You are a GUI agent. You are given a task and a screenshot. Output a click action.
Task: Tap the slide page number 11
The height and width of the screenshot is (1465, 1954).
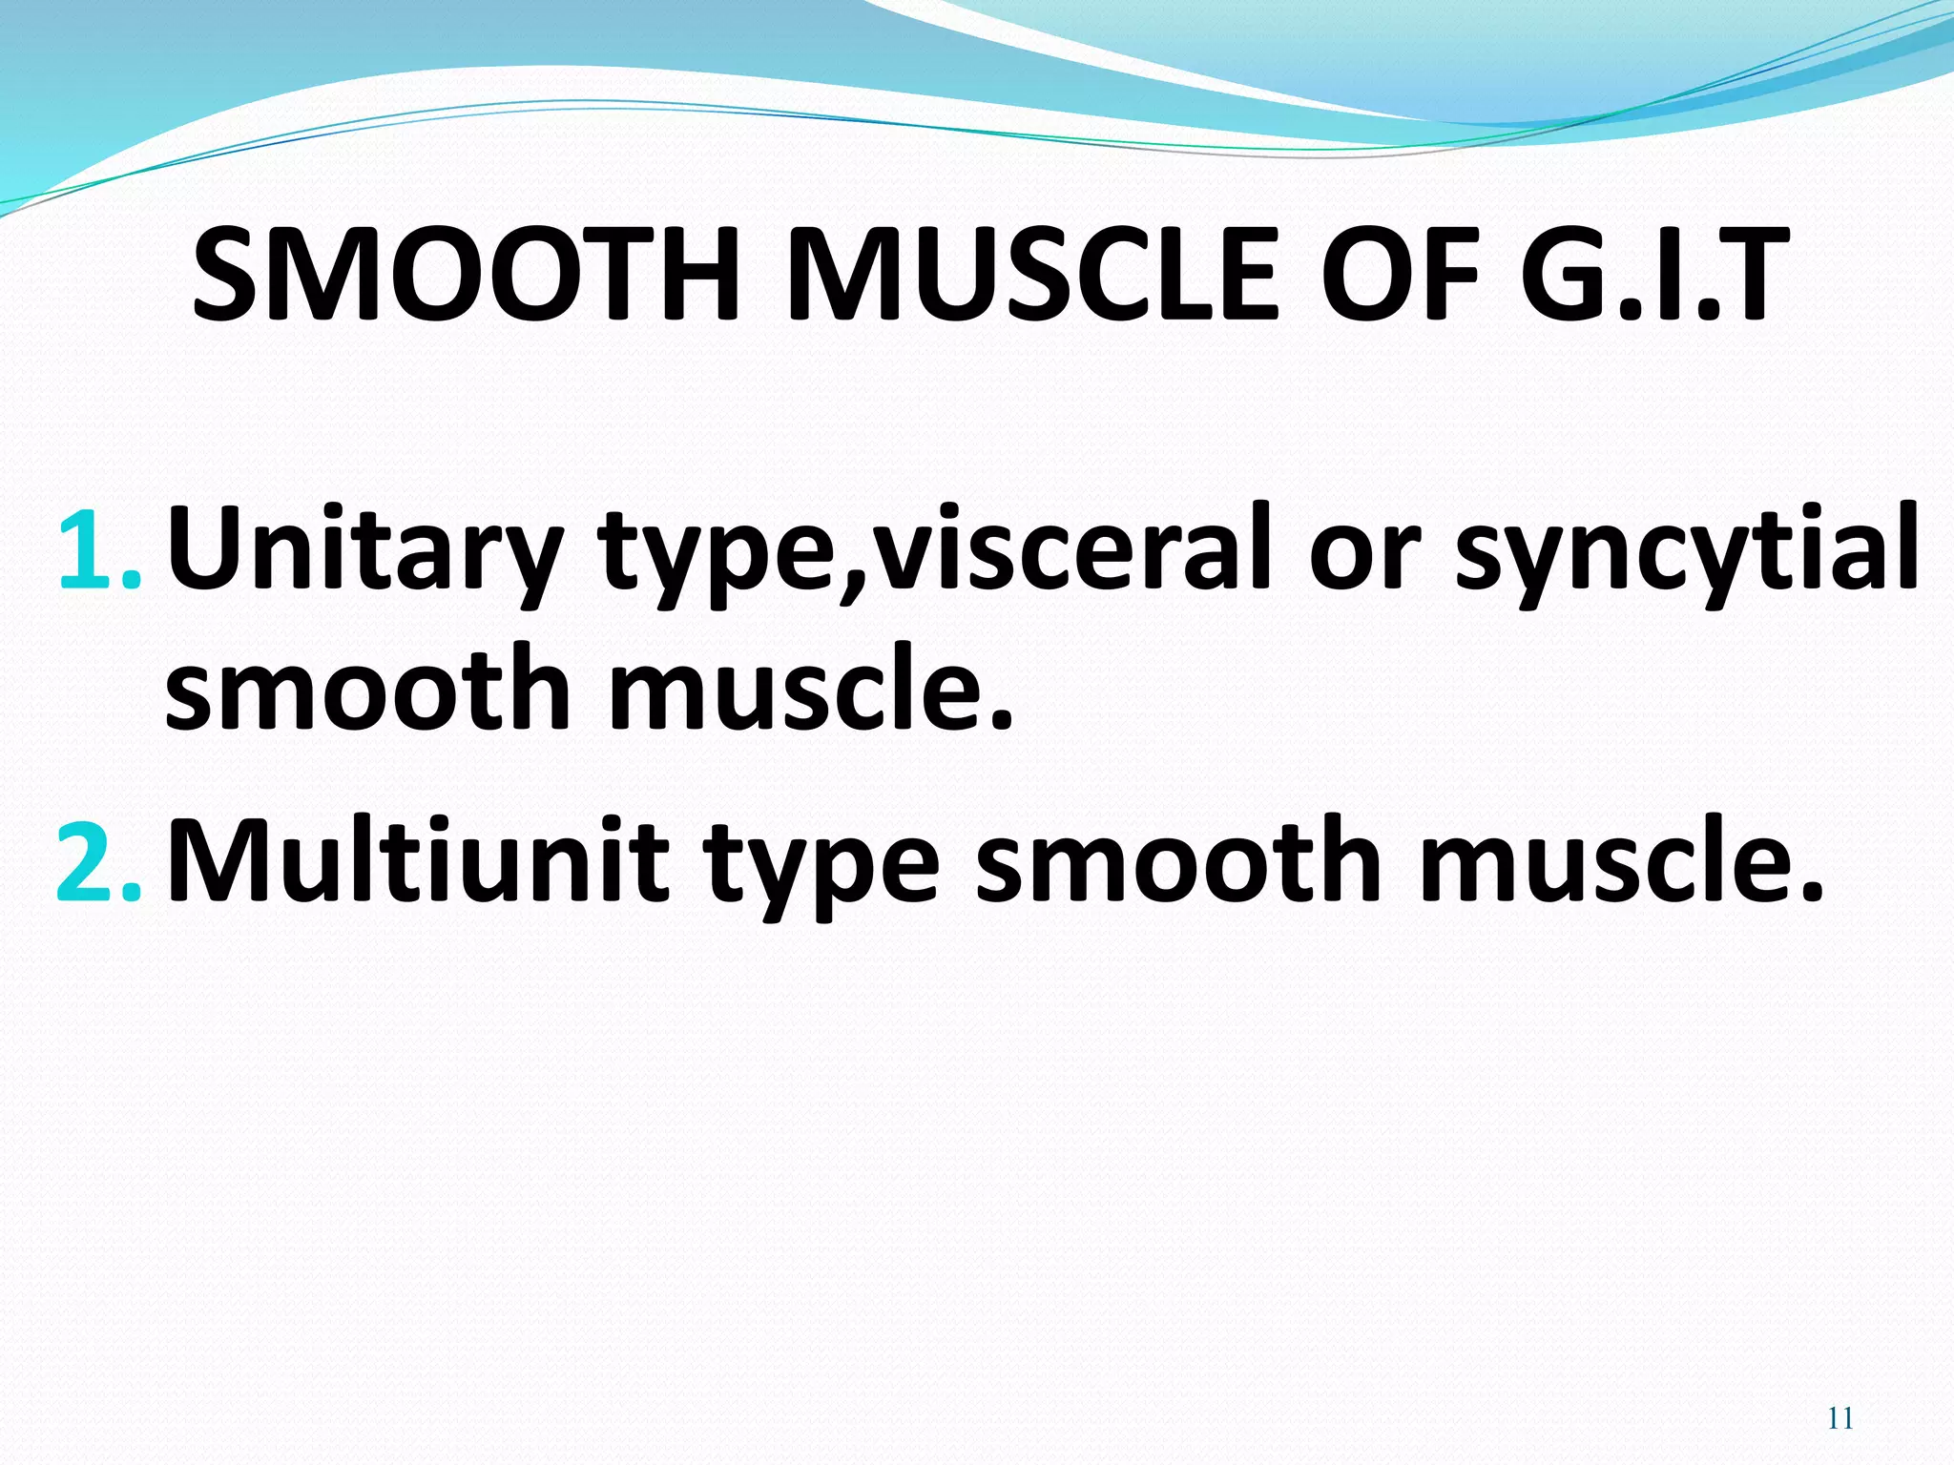(1840, 1418)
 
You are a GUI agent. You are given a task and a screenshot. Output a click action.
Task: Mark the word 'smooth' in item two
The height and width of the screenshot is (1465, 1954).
(1178, 861)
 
